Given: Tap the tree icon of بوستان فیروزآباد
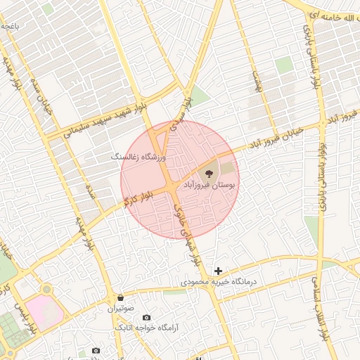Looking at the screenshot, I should point(209,171).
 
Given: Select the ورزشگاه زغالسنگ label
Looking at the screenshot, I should point(137,157).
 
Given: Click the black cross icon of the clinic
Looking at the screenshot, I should point(219,271).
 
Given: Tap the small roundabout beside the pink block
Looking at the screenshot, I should point(47,289).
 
